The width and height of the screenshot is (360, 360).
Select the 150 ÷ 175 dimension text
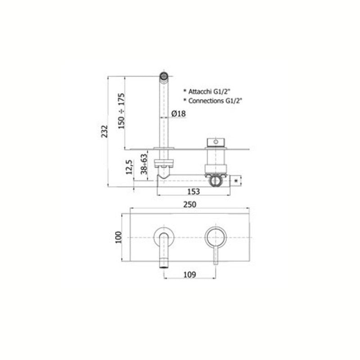[x=121, y=111]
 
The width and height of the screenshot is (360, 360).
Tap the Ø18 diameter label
[x=179, y=114]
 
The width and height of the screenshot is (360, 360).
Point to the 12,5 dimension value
[x=129, y=166]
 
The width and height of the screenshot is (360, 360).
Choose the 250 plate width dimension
[x=189, y=204]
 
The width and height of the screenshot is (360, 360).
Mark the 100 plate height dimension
[x=119, y=237]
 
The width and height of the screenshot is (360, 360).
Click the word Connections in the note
[x=206, y=101]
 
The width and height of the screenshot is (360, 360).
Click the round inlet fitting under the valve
[x=216, y=180]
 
